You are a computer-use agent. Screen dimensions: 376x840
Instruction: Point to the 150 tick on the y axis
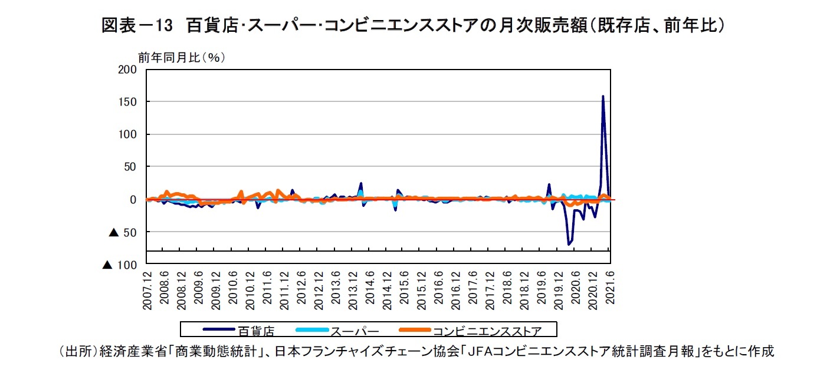[x=128, y=102]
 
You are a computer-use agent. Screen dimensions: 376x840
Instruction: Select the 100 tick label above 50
[x=128, y=134]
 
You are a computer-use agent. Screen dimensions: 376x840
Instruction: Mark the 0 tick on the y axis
[x=133, y=200]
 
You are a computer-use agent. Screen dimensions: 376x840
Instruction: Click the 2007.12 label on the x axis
[x=147, y=289]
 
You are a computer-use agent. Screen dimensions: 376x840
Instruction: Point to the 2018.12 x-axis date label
[x=524, y=289]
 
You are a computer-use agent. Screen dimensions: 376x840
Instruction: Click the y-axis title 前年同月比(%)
[x=182, y=57]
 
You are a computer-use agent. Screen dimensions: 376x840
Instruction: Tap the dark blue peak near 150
[x=602, y=96]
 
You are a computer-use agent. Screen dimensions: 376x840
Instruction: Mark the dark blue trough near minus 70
[x=569, y=244]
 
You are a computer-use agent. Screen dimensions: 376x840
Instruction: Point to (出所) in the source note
[x=70, y=352]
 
